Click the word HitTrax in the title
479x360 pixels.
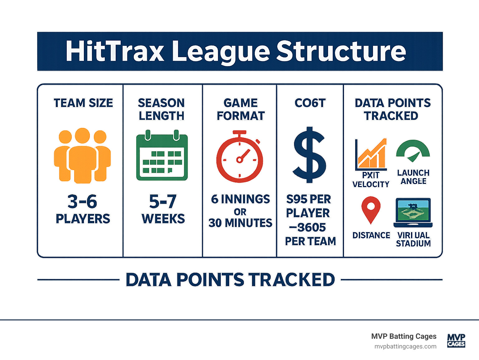coord(115,51)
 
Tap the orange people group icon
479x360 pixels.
coord(82,155)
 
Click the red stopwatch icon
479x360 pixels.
coord(239,158)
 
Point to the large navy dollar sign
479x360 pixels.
coord(309,155)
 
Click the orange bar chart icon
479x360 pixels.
coord(371,154)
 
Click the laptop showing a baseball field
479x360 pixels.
coord(413,212)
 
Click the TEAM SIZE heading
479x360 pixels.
coord(83,103)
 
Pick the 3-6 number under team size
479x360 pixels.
coord(82,202)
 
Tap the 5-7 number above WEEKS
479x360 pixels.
coord(163,202)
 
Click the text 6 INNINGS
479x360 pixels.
coord(240,199)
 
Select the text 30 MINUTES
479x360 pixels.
coord(240,223)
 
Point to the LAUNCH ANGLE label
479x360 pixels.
coord(413,177)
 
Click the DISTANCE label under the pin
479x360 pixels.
coord(371,235)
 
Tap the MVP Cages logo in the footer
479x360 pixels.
coord(456,340)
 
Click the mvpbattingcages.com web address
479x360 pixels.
coord(405,346)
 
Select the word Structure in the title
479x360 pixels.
coord(341,51)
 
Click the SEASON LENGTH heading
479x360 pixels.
coord(162,109)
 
